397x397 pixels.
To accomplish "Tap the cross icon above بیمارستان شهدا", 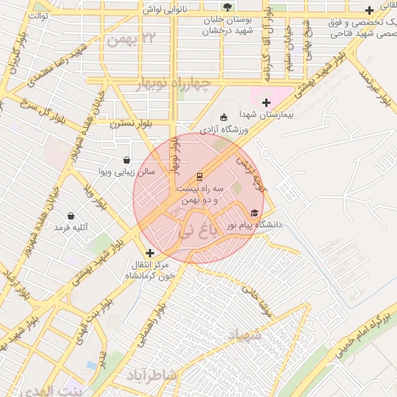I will click(x=266, y=102).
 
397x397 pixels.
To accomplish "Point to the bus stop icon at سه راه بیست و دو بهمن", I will click(x=200, y=175).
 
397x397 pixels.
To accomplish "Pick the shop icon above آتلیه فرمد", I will click(x=71, y=216).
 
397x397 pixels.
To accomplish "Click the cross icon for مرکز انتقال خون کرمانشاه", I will click(x=150, y=252).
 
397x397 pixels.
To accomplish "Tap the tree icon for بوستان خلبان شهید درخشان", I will click(x=226, y=6).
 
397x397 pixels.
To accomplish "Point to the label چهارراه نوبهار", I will click(x=183, y=84).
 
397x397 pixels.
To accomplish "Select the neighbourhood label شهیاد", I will click(x=241, y=334).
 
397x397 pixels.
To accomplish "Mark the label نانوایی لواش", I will click(x=164, y=9).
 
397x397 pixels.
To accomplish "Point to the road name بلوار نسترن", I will click(x=129, y=123).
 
